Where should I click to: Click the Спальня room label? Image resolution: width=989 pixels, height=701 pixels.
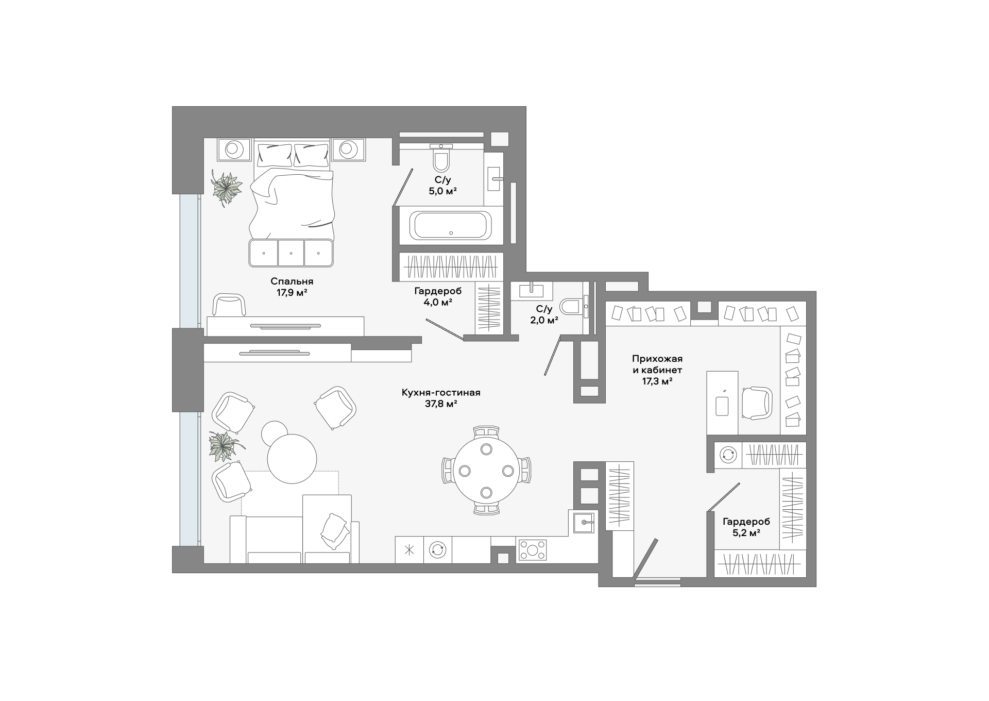coord(292,281)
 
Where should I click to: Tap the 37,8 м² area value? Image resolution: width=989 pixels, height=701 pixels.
coord(441,404)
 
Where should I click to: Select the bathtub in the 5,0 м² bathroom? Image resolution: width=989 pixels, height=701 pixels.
coord(451,225)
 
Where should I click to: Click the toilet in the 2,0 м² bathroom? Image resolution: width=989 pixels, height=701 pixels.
coord(571,307)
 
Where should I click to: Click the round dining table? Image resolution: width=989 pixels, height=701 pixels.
coord(486,470)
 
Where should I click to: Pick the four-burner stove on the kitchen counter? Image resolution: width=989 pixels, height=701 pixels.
coord(533,550)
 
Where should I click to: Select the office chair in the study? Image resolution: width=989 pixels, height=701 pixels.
coord(757,403)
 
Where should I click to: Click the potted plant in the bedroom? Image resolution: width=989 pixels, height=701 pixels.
coord(226,188)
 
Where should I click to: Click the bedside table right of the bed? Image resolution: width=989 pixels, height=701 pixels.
coord(348,149)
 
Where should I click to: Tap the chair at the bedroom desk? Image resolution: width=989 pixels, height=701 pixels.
coord(229,305)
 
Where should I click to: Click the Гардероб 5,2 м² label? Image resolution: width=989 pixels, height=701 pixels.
coord(746,527)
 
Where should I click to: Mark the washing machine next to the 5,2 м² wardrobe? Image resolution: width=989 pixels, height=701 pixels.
coord(728,455)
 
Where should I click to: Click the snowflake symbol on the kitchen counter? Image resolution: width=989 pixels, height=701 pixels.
coord(410,549)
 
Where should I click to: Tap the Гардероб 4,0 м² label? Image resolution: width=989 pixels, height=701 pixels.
coord(438,296)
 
